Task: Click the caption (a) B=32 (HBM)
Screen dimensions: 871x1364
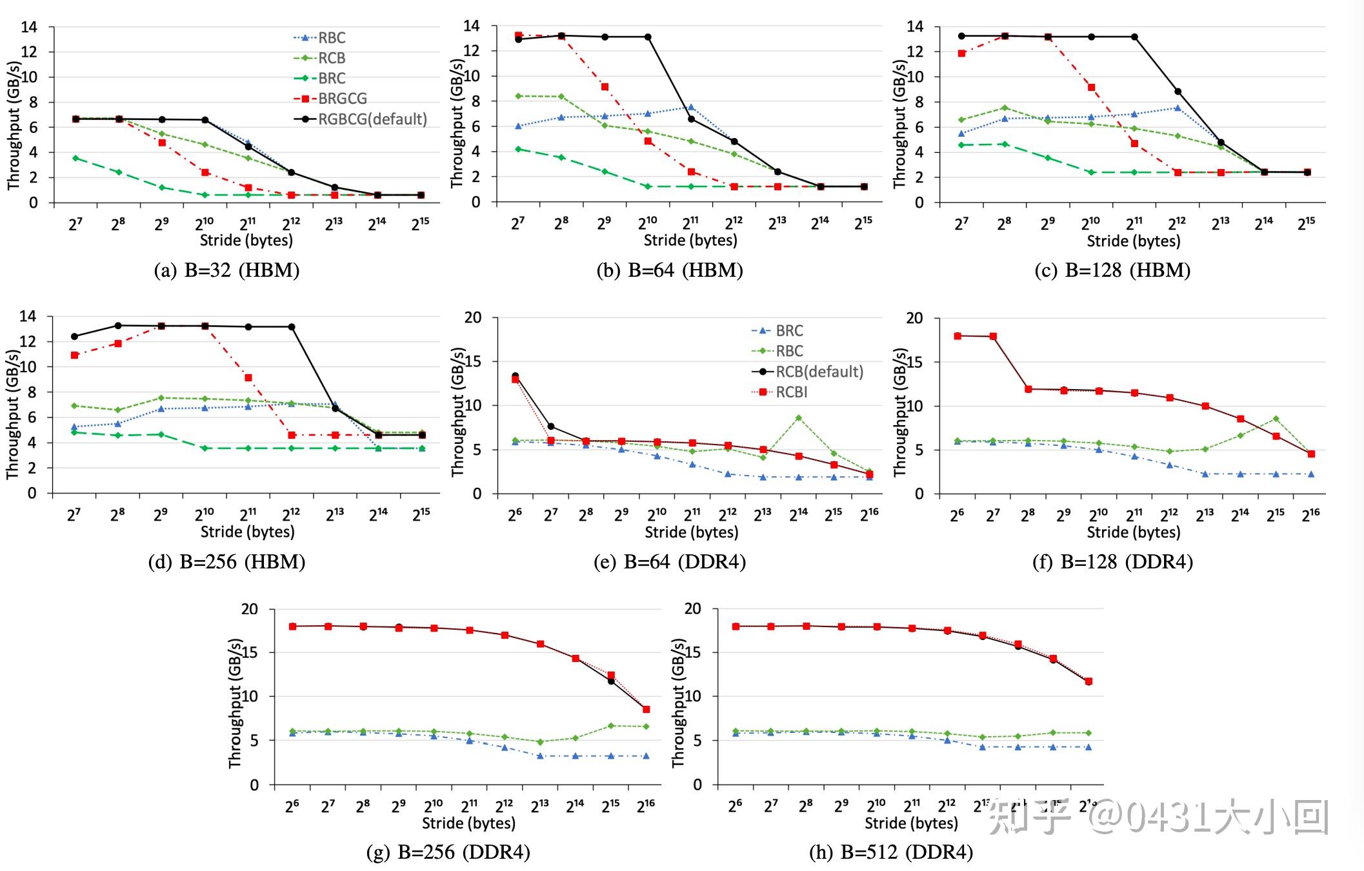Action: pos(226,270)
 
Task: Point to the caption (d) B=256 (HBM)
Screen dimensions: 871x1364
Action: pos(226,562)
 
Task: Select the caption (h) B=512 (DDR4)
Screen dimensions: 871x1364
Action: pos(891,853)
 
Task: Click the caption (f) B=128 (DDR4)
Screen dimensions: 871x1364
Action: pos(1112,562)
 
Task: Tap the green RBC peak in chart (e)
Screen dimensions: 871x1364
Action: pos(798,418)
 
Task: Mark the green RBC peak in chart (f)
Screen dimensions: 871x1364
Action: pos(1276,419)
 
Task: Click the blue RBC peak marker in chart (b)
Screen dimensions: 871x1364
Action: pos(691,107)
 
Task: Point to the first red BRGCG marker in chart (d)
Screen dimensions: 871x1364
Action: pos(75,355)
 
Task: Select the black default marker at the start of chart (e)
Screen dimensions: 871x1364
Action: pos(515,375)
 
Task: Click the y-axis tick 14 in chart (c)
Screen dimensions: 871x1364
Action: pos(915,27)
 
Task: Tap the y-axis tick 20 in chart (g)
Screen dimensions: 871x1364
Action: pos(250,609)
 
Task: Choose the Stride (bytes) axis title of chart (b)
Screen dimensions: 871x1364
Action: pos(690,241)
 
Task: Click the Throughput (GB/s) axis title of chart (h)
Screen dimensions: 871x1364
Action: pos(678,703)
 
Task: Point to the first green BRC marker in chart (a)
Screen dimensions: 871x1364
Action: pos(75,158)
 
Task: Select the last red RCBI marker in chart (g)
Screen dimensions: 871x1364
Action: pos(646,709)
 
